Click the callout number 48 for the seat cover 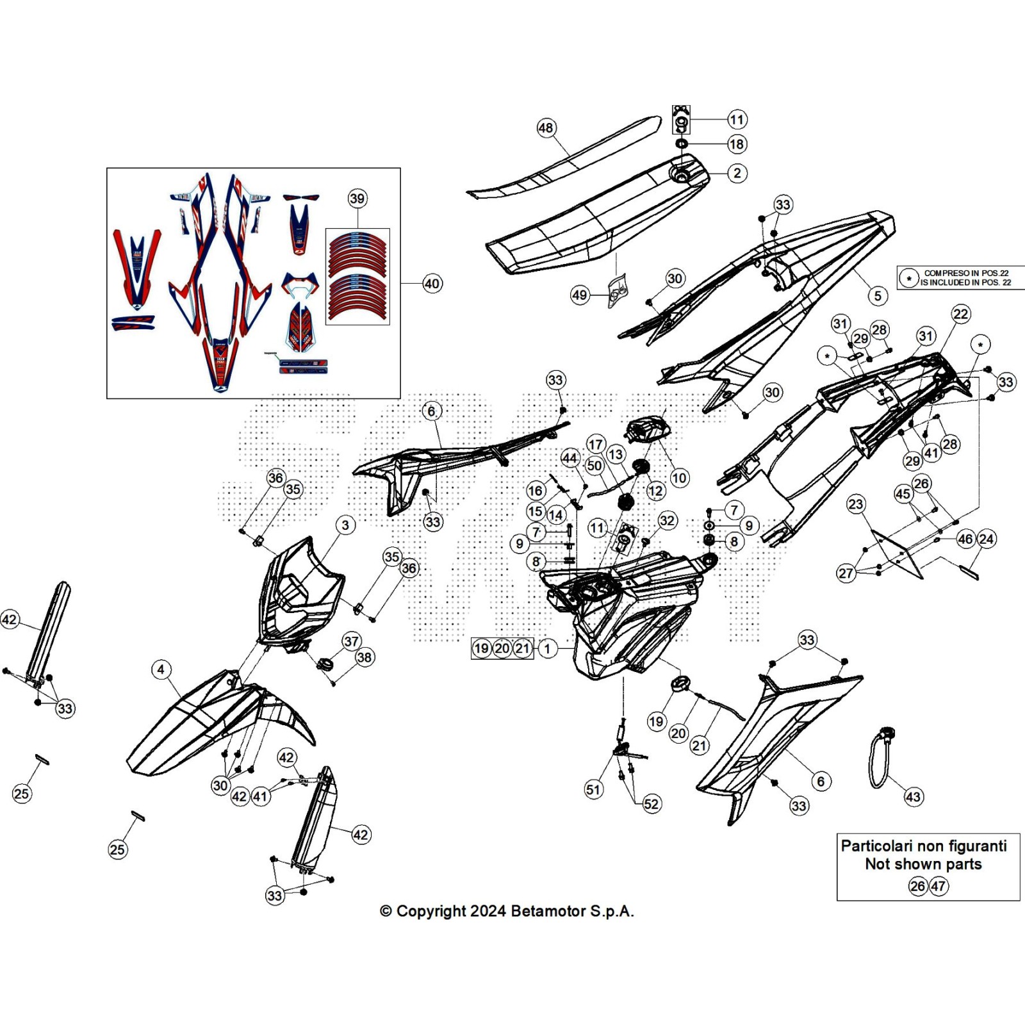[x=545, y=128]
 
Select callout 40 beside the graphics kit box [x=432, y=284]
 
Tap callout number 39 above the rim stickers [x=357, y=199]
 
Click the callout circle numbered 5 [x=878, y=295]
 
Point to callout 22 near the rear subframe [x=961, y=314]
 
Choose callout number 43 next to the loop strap [x=913, y=797]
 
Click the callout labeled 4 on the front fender [x=161, y=670]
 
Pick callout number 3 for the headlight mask [x=345, y=525]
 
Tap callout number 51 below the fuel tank [x=593, y=789]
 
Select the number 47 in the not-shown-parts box [x=939, y=886]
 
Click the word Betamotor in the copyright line [x=548, y=911]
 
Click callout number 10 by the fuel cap [x=679, y=477]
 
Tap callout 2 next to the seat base [x=737, y=173]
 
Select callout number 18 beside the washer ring [x=737, y=144]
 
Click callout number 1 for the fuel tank [x=547, y=648]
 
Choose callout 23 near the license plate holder [x=856, y=504]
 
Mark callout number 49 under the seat [x=579, y=295]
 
